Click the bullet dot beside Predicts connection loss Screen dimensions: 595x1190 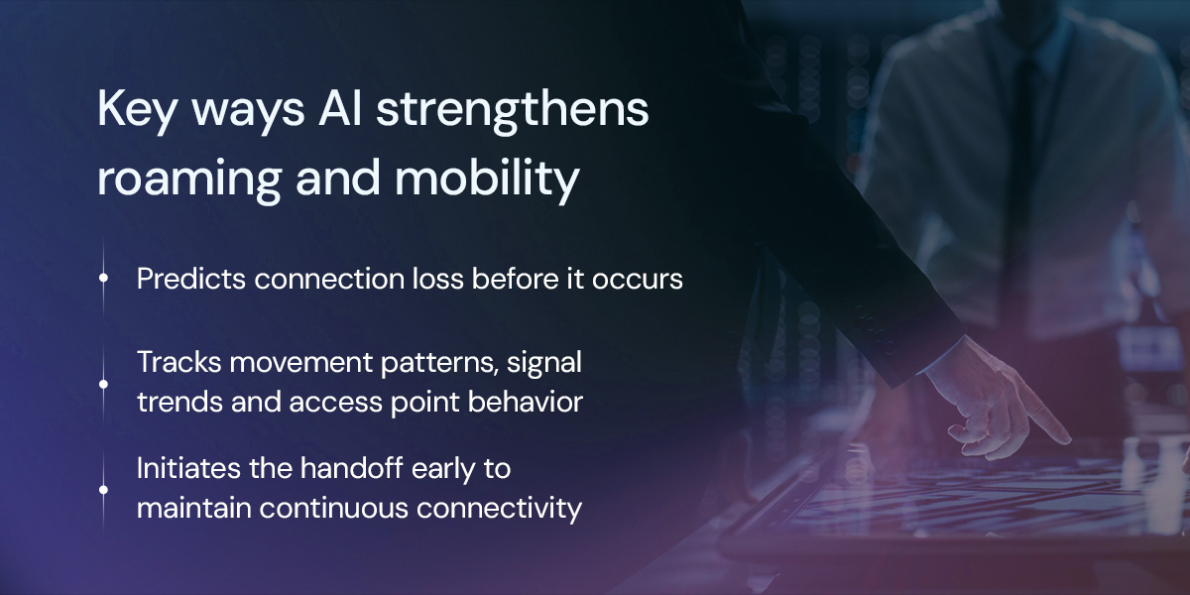103,280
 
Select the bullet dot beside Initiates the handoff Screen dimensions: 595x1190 103,489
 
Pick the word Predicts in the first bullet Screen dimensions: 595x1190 190,280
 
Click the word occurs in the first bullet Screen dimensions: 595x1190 644,280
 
